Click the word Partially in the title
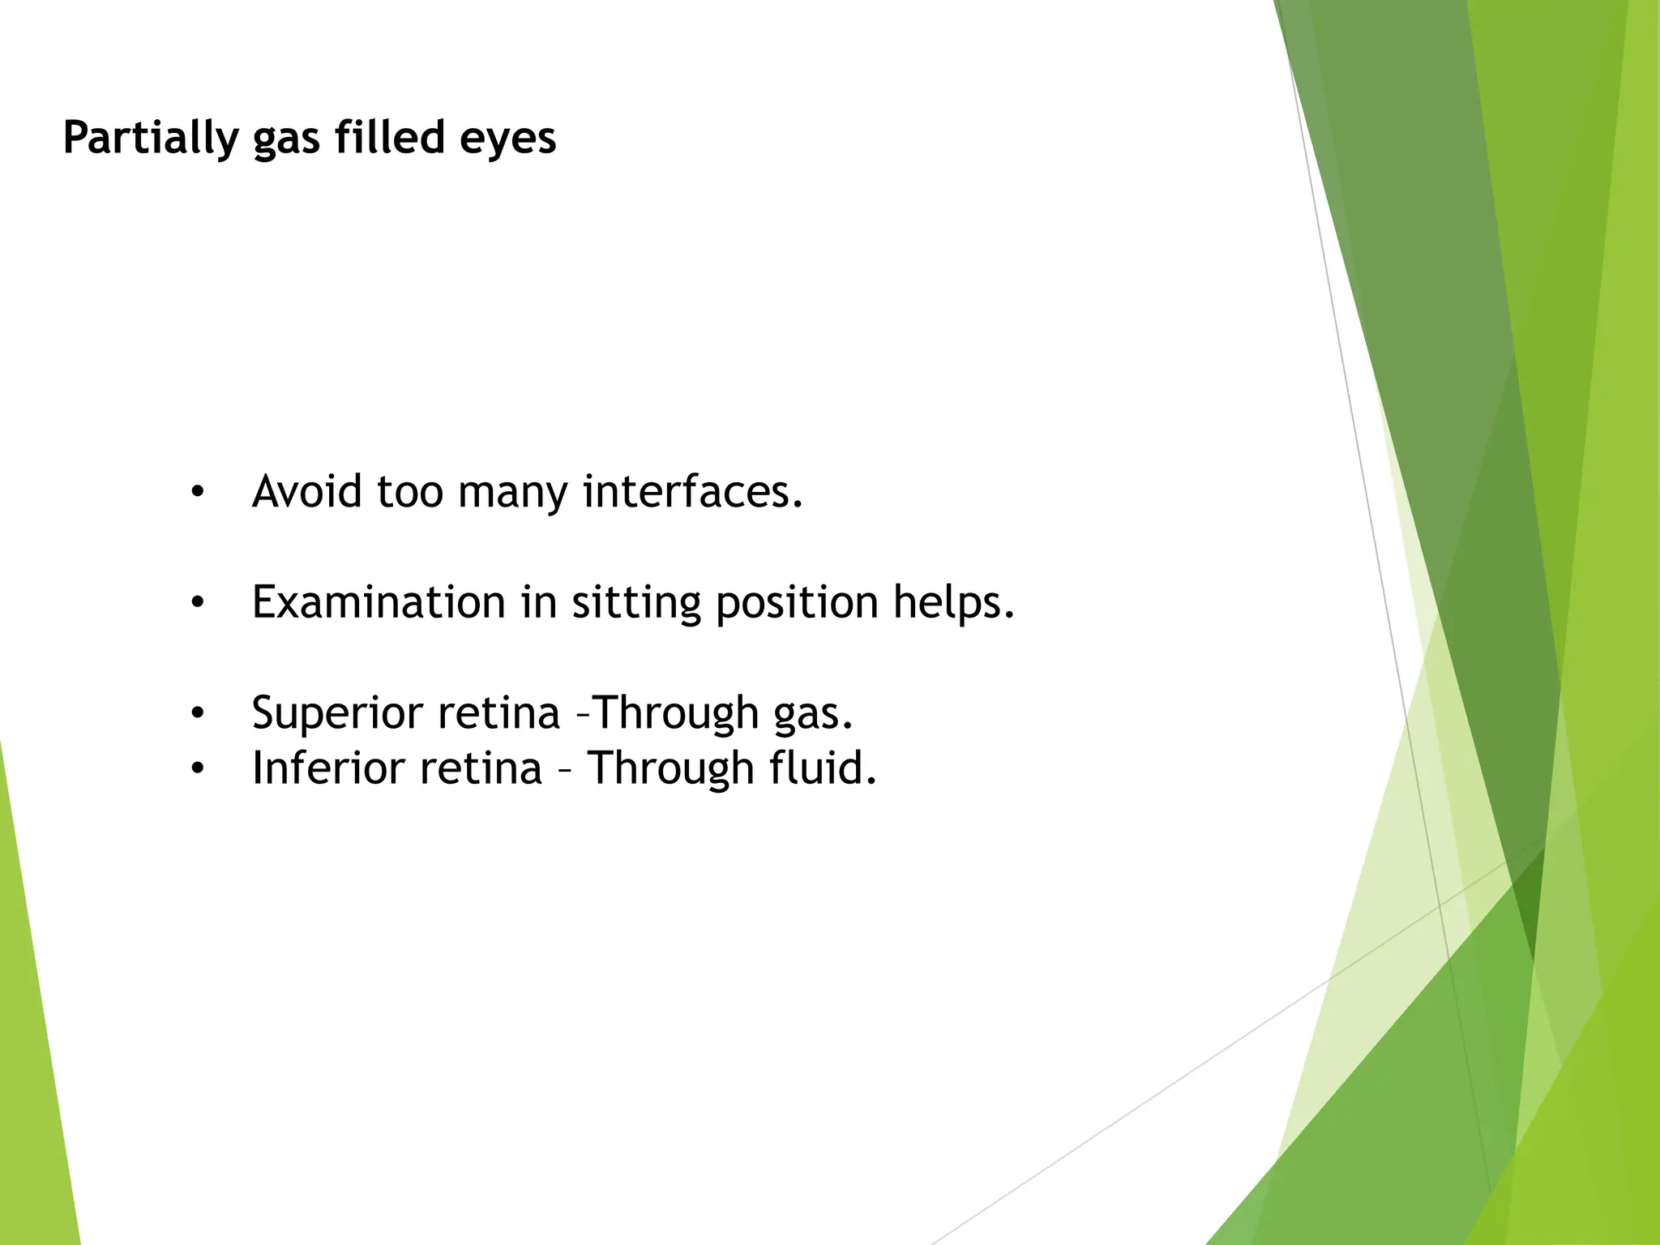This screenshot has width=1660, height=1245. pos(150,138)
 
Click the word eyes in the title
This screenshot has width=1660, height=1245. pos(507,138)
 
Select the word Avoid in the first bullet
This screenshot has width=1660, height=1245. pos(306,491)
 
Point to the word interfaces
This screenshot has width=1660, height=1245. pos(692,491)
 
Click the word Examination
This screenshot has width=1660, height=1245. pos(379,602)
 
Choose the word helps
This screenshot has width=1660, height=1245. pos(954,602)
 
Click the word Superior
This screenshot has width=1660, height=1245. pos(337,713)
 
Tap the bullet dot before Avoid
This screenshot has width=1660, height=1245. pos(198,492)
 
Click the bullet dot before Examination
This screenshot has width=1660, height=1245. pos(198,603)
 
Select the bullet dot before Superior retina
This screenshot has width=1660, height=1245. pos(198,714)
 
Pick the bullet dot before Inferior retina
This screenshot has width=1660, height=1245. pos(198,768)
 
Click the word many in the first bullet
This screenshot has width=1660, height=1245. pos(512,493)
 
